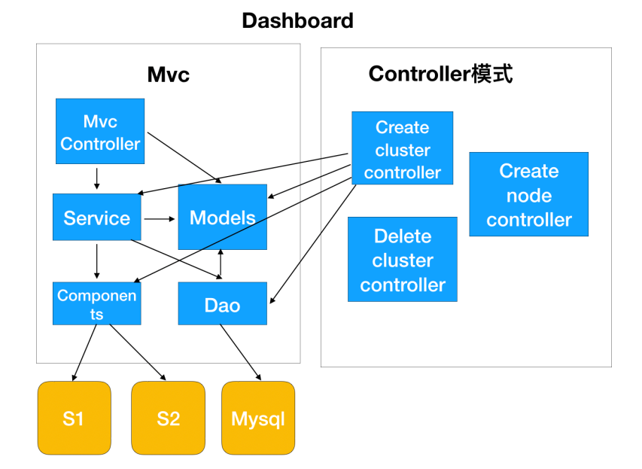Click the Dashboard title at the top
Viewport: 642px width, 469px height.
click(x=297, y=20)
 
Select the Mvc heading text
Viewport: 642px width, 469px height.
click(x=168, y=75)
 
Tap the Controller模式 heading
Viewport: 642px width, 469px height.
click(x=440, y=74)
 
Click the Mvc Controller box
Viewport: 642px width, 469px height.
click(x=100, y=132)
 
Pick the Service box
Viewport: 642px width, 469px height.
click(x=97, y=218)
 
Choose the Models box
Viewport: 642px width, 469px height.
click(x=222, y=217)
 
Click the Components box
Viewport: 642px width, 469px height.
click(x=97, y=303)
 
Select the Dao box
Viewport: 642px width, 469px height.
click(x=222, y=303)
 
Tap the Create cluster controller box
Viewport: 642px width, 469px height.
click(x=402, y=148)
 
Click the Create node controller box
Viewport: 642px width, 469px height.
click(x=528, y=194)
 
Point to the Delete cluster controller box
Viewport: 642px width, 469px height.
click(x=402, y=260)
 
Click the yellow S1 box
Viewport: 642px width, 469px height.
click(x=74, y=418)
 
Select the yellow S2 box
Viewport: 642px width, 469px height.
click(x=168, y=418)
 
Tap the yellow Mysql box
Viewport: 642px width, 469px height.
click(x=258, y=418)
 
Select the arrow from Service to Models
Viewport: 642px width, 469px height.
click(x=158, y=218)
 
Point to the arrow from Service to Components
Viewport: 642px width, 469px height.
click(x=97, y=261)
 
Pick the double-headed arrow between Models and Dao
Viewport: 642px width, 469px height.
click(x=221, y=263)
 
